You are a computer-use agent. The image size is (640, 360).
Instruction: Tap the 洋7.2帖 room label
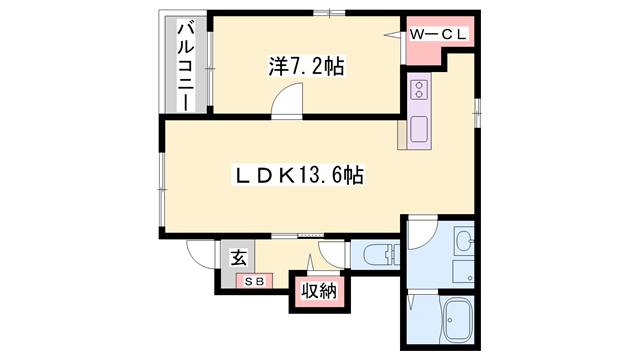307,68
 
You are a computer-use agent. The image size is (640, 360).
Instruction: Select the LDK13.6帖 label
298,176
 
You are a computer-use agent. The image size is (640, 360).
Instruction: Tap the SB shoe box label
251,281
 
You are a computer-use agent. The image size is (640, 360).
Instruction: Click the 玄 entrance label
239,258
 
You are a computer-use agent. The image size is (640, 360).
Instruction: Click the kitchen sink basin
419,128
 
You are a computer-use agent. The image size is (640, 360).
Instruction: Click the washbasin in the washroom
464,241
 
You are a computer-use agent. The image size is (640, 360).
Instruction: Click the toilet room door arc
335,254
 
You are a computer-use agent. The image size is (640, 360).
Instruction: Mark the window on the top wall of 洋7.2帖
322,13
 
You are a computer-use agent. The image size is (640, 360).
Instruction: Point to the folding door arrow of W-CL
393,32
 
